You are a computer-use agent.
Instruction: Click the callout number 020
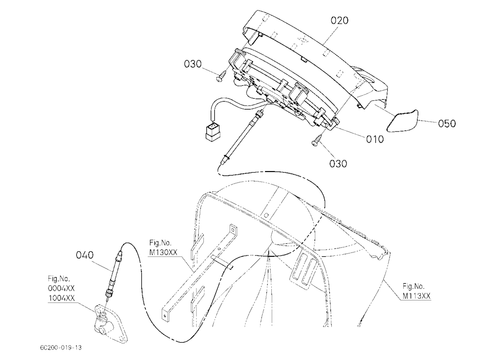coord(339,20)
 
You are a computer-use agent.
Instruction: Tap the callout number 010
coord(375,139)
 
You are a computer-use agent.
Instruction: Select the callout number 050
coord(447,123)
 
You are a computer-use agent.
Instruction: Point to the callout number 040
coord(85,255)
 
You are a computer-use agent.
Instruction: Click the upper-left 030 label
coord(192,64)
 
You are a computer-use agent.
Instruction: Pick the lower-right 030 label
coord(338,164)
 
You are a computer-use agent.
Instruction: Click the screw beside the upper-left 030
coord(222,76)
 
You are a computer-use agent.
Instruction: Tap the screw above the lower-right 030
coord(317,140)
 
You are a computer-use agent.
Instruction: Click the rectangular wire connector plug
coord(212,131)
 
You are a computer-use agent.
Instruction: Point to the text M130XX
coord(163,252)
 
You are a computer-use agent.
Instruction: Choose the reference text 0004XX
coord(62,288)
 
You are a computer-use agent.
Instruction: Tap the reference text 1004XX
coord(62,298)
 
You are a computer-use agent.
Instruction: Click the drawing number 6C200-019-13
coord(61,347)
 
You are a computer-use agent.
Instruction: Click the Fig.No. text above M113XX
coord(414,286)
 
